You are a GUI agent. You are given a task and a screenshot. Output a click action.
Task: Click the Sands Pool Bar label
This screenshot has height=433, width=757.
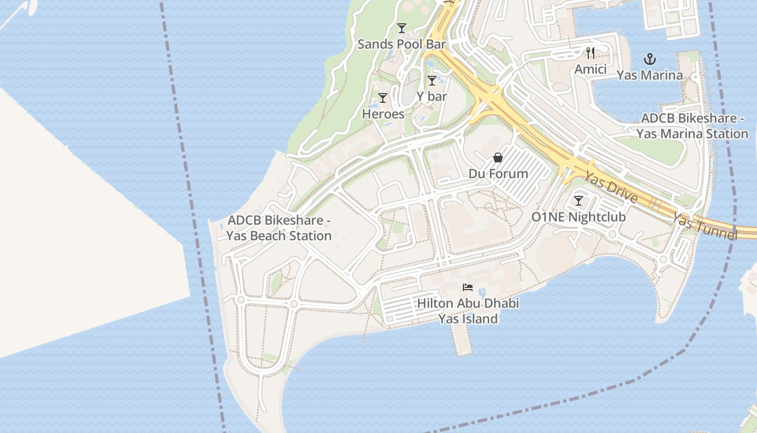(401, 44)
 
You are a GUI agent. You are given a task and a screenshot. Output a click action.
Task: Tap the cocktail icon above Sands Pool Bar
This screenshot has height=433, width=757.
(401, 28)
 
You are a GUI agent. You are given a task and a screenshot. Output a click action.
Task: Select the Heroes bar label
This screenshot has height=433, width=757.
(383, 114)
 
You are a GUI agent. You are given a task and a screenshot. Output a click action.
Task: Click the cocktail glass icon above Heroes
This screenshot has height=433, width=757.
(383, 98)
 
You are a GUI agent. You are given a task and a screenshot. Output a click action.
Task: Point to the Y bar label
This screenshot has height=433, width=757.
(431, 96)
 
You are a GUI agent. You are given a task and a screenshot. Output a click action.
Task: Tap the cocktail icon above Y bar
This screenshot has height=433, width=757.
(431, 81)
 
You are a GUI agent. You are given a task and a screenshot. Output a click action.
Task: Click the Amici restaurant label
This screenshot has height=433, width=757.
(590, 69)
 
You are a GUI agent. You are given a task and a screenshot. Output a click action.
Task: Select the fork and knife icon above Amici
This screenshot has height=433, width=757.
(590, 53)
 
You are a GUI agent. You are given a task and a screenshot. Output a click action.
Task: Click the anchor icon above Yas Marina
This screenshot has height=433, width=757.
(649, 59)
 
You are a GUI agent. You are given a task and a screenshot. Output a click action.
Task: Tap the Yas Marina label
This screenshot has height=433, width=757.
(649, 75)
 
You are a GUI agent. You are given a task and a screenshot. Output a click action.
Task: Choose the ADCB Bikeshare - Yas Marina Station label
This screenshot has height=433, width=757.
(692, 126)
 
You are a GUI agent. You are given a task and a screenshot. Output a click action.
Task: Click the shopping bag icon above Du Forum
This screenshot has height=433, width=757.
(497, 158)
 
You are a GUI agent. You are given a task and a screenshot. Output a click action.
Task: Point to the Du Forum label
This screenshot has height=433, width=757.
(498, 174)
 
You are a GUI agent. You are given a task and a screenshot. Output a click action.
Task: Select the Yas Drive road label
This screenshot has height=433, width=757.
(612, 187)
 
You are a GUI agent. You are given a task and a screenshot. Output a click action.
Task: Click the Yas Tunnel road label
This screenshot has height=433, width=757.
(705, 226)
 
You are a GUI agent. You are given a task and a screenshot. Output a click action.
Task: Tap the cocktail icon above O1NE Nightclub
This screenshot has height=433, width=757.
(579, 201)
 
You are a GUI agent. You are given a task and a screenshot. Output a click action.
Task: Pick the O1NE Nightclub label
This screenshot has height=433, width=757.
(579, 217)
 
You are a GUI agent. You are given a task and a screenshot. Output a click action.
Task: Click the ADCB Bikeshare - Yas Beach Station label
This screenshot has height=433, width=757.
(278, 228)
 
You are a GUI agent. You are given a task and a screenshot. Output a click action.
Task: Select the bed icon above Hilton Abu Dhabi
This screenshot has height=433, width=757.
(468, 287)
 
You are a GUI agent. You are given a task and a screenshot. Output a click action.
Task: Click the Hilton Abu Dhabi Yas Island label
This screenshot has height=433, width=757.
(468, 311)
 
